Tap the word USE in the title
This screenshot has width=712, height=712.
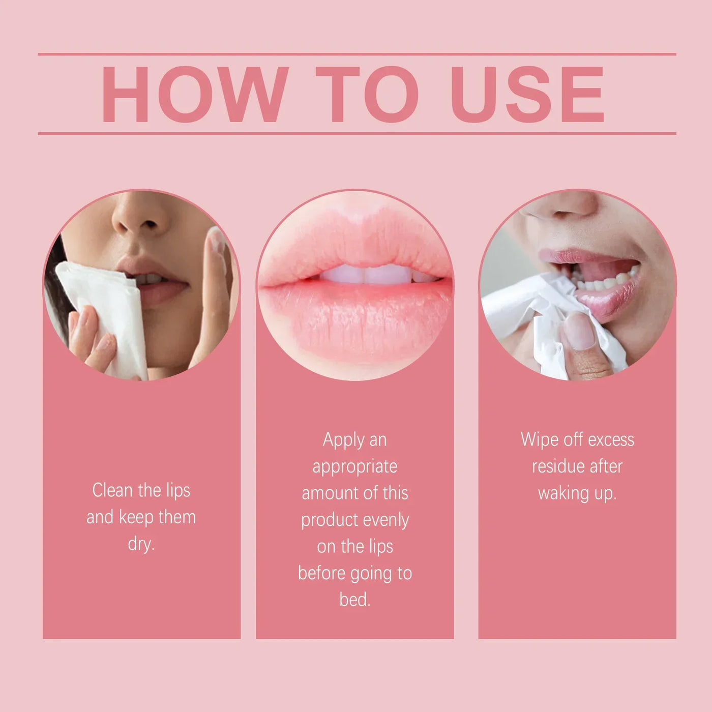point(527,95)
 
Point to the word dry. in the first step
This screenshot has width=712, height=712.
point(141,544)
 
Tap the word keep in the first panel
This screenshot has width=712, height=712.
point(136,517)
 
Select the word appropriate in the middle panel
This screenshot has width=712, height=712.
point(355,467)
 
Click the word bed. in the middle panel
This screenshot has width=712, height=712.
point(355,600)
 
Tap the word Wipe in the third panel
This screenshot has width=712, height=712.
point(539,440)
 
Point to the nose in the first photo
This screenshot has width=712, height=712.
point(140,219)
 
